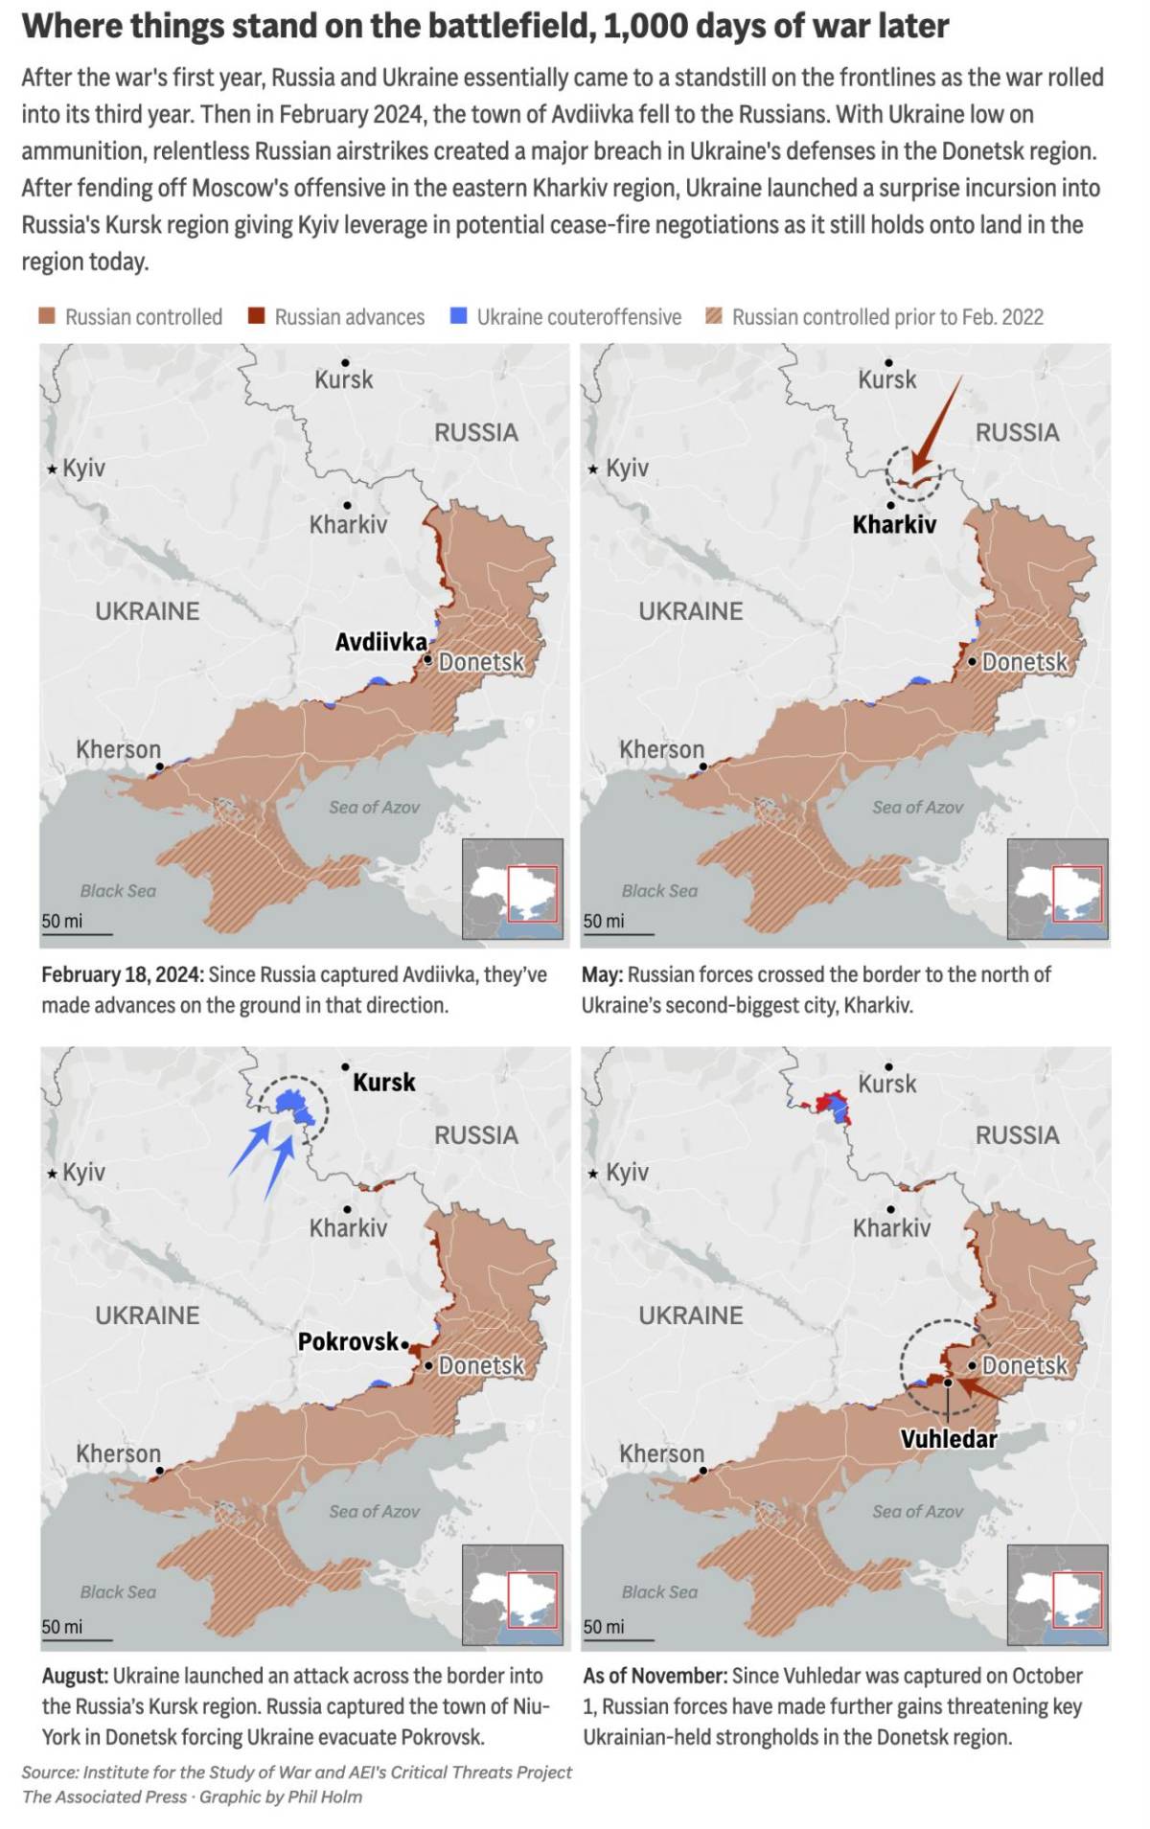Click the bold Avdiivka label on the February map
point(380,642)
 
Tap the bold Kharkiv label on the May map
point(894,524)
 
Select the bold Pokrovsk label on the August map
point(348,1341)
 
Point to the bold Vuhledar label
point(949,1438)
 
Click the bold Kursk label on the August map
point(384,1083)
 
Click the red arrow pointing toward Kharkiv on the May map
point(934,425)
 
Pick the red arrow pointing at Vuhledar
point(979,1389)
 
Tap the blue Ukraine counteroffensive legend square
point(459,316)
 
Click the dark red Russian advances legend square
point(256,316)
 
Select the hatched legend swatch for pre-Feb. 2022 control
point(713,316)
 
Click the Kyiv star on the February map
point(52,469)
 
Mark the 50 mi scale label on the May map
point(604,921)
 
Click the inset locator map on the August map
point(513,1595)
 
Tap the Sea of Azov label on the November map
point(917,1511)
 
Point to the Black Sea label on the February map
point(118,891)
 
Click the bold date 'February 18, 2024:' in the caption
point(122,974)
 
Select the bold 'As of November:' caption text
point(655,1676)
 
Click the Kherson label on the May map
point(661,749)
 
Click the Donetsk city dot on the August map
point(429,1365)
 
